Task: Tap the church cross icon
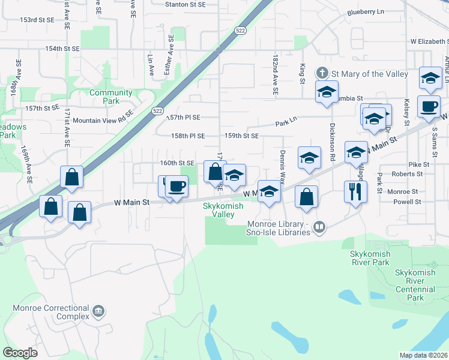(x=322, y=73)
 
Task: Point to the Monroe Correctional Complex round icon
(x=98, y=312)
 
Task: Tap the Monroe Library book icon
(x=320, y=226)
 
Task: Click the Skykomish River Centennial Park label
(x=418, y=285)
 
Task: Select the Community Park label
(x=110, y=97)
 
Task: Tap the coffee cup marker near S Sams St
(x=429, y=107)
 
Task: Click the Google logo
(x=20, y=353)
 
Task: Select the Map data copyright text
(x=423, y=355)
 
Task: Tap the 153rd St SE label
(x=37, y=20)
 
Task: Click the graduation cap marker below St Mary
(x=326, y=92)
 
